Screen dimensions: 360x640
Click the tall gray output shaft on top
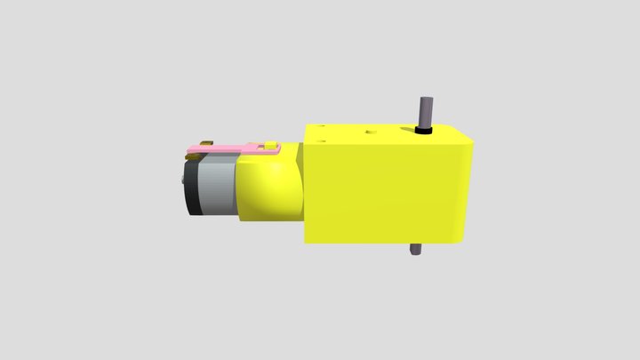(424, 110)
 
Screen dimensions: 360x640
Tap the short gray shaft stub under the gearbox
(414, 250)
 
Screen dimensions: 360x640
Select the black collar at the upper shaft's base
(424, 131)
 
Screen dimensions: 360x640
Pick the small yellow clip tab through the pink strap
(271, 144)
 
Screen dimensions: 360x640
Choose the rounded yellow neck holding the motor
(271, 187)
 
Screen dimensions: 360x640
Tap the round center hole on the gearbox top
(370, 133)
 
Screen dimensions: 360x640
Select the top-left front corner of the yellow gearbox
(307, 146)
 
